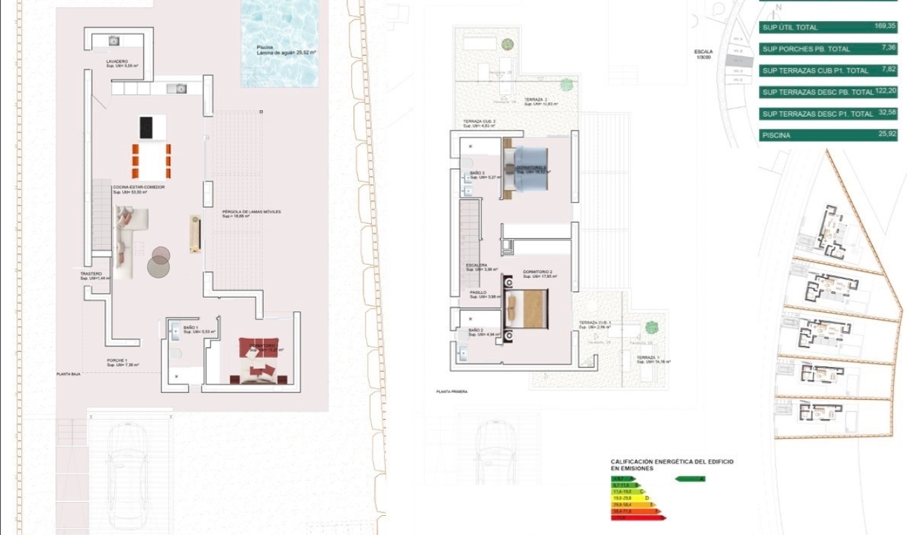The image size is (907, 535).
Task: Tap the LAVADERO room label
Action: (x=117, y=62)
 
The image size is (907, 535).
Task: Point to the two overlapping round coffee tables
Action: (x=159, y=263)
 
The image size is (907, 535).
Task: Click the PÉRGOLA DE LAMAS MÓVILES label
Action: (x=251, y=212)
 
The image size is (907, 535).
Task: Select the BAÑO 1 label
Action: (x=192, y=328)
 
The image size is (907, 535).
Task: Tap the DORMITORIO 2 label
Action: (x=538, y=272)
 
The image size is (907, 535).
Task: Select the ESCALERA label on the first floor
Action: (x=477, y=265)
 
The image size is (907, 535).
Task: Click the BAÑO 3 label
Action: (x=477, y=173)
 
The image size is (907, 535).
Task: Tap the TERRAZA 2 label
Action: (x=535, y=99)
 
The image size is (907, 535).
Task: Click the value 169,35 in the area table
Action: (x=885, y=27)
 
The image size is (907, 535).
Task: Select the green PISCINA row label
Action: (x=776, y=136)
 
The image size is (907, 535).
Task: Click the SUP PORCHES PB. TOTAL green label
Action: (x=806, y=49)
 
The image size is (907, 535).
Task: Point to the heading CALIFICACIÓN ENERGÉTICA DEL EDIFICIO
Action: (x=671, y=462)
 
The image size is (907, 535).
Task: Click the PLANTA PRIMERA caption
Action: (x=451, y=392)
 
